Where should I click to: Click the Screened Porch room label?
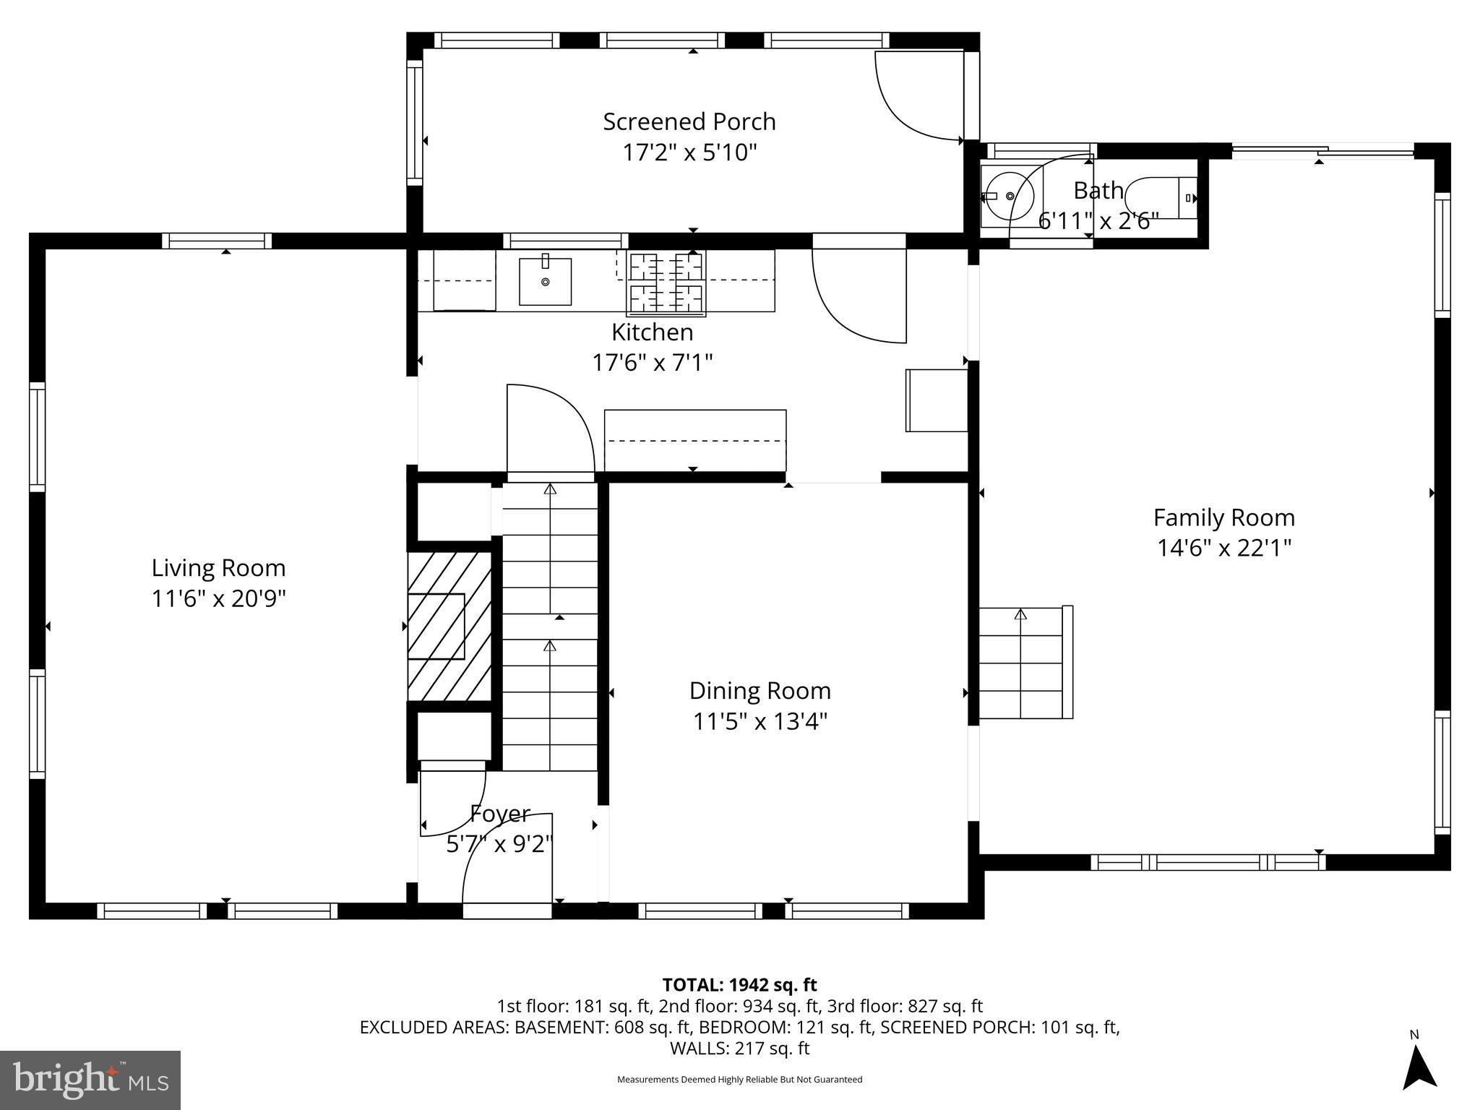689,121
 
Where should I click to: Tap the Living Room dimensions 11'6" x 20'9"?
218,599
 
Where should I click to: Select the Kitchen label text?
652,332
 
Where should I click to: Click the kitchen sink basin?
545,281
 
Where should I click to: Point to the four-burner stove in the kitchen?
666,283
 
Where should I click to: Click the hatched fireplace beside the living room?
449,626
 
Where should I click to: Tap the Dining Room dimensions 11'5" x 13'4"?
760,721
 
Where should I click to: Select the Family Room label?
1223,517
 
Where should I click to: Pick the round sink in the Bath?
1009,196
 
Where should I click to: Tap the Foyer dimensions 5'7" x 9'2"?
499,843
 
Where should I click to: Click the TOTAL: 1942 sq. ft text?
739,984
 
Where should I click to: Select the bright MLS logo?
90,1080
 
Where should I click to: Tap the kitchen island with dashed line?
694,440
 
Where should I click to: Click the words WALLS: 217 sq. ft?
739,1048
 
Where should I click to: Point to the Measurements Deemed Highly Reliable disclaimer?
739,1080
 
